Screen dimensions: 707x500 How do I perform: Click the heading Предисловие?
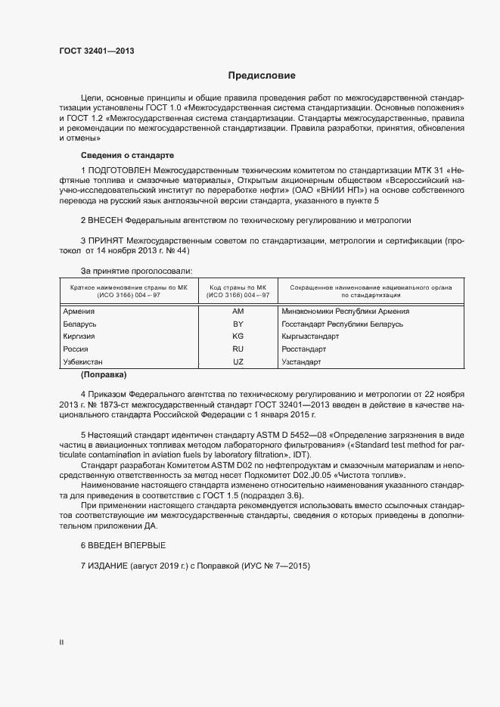tap(262, 76)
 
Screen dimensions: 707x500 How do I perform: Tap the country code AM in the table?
tap(238, 312)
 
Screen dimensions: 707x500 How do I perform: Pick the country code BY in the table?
tap(238, 324)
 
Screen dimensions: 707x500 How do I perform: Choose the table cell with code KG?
tap(238, 336)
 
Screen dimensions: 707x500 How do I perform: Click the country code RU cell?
tap(238, 349)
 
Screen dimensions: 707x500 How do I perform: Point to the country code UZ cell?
tap(238, 362)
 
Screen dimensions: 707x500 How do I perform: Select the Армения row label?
tap(79, 312)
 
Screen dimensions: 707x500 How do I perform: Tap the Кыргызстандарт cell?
tap(310, 336)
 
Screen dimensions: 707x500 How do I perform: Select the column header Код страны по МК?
tap(238, 287)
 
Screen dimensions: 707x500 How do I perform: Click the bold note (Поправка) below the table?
tap(104, 374)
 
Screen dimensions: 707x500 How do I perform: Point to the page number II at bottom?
tap(61, 642)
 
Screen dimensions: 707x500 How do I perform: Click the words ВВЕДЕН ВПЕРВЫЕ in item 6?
tap(127, 545)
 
